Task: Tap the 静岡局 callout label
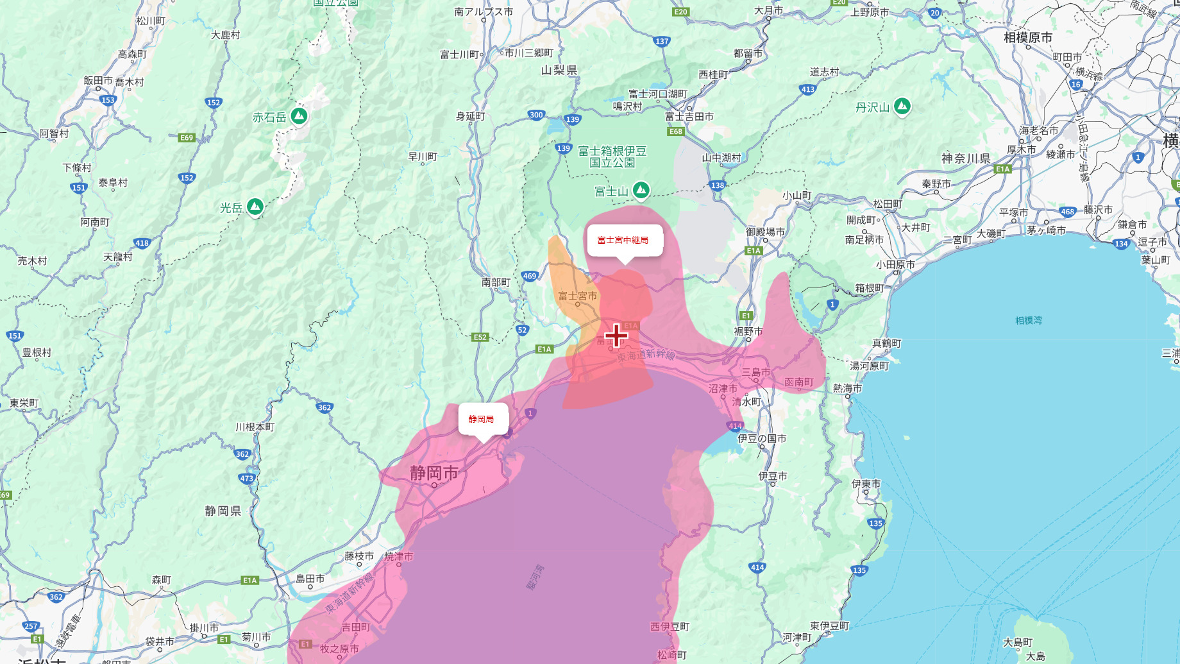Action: coord(482,419)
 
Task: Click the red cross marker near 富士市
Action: coord(616,335)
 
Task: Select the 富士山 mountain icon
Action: coord(641,190)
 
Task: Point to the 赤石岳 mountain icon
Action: coord(299,116)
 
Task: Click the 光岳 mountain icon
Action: coord(255,207)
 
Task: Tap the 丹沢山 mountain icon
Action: coord(902,106)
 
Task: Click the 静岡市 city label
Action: coord(434,473)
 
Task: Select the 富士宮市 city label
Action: coord(577,296)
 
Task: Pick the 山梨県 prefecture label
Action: coord(559,70)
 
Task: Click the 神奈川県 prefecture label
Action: coord(966,158)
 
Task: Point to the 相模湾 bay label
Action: coord(1029,320)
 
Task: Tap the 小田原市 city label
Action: coord(895,265)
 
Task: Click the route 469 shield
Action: coord(529,276)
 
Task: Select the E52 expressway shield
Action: coord(480,337)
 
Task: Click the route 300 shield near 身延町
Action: coord(536,115)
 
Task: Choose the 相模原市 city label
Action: coord(1027,38)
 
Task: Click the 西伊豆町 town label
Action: coord(670,627)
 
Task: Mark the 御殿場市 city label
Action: coord(765,232)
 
